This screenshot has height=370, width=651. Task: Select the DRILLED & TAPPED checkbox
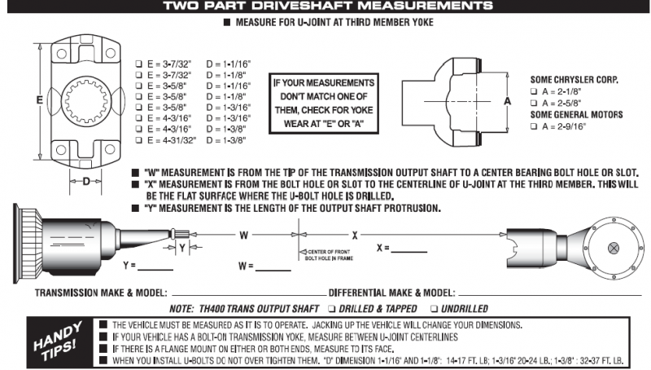(x=331, y=309)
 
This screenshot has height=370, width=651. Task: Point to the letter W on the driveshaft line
(x=243, y=235)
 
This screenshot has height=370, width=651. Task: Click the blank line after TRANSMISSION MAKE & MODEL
(x=244, y=293)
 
